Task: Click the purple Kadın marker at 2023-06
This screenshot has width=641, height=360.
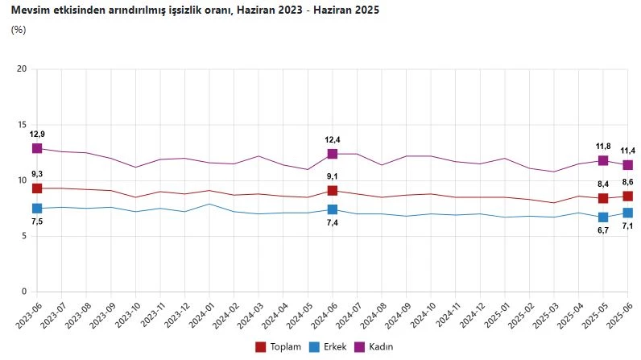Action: pos(37,148)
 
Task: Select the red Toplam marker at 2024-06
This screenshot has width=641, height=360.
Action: pos(332,191)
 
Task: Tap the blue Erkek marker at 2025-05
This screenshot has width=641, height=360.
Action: pos(603,217)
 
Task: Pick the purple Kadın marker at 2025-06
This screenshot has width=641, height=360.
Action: pos(628,164)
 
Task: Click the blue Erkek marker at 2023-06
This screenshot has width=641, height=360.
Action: pos(37,209)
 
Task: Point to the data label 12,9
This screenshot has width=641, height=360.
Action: pos(37,133)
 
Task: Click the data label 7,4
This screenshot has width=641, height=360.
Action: pos(332,222)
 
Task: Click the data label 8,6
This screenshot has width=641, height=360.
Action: pos(628,183)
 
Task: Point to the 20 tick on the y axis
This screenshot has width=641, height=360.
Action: pos(22,69)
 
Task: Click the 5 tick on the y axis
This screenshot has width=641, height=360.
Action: pos(24,236)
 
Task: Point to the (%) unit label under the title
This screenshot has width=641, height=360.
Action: pos(19,30)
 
